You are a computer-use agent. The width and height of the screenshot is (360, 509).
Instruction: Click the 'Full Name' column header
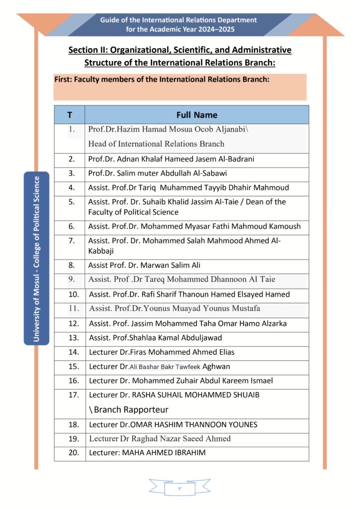(x=196, y=115)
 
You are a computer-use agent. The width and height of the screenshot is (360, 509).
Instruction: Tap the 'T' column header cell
(x=70, y=115)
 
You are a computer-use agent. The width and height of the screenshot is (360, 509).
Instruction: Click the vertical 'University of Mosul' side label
(x=36, y=258)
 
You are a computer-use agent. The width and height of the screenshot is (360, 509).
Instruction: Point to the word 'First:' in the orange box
(x=63, y=79)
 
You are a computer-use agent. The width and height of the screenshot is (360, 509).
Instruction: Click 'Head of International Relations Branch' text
(x=156, y=144)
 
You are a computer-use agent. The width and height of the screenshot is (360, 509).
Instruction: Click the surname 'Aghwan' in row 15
(x=216, y=367)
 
